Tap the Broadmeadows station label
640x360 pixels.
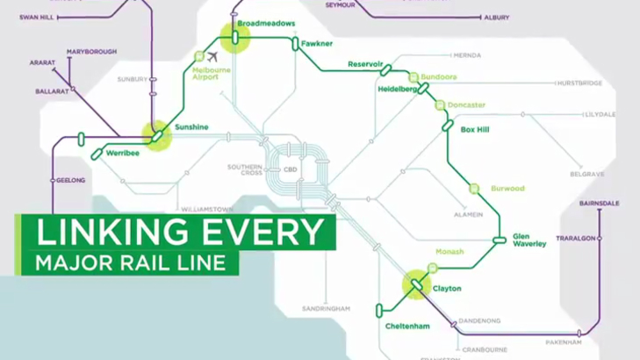click(266, 23)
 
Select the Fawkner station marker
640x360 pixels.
click(295, 43)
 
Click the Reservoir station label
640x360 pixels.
click(365, 64)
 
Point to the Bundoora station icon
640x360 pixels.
click(413, 77)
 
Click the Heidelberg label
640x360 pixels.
click(397, 89)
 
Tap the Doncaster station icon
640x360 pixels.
click(440, 105)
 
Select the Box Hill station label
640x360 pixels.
click(474, 129)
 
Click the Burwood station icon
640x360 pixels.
click(474, 188)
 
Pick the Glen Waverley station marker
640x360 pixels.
click(499, 240)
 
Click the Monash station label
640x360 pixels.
click(449, 251)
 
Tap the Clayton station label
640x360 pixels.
click(446, 288)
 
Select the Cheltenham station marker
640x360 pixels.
click(379, 310)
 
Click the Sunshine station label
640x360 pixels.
click(191, 127)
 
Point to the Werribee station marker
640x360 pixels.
click(96, 154)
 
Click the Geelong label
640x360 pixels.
click(70, 180)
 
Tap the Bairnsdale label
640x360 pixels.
click(599, 203)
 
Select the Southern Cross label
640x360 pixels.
click(244, 170)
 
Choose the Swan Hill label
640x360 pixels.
click(36, 17)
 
